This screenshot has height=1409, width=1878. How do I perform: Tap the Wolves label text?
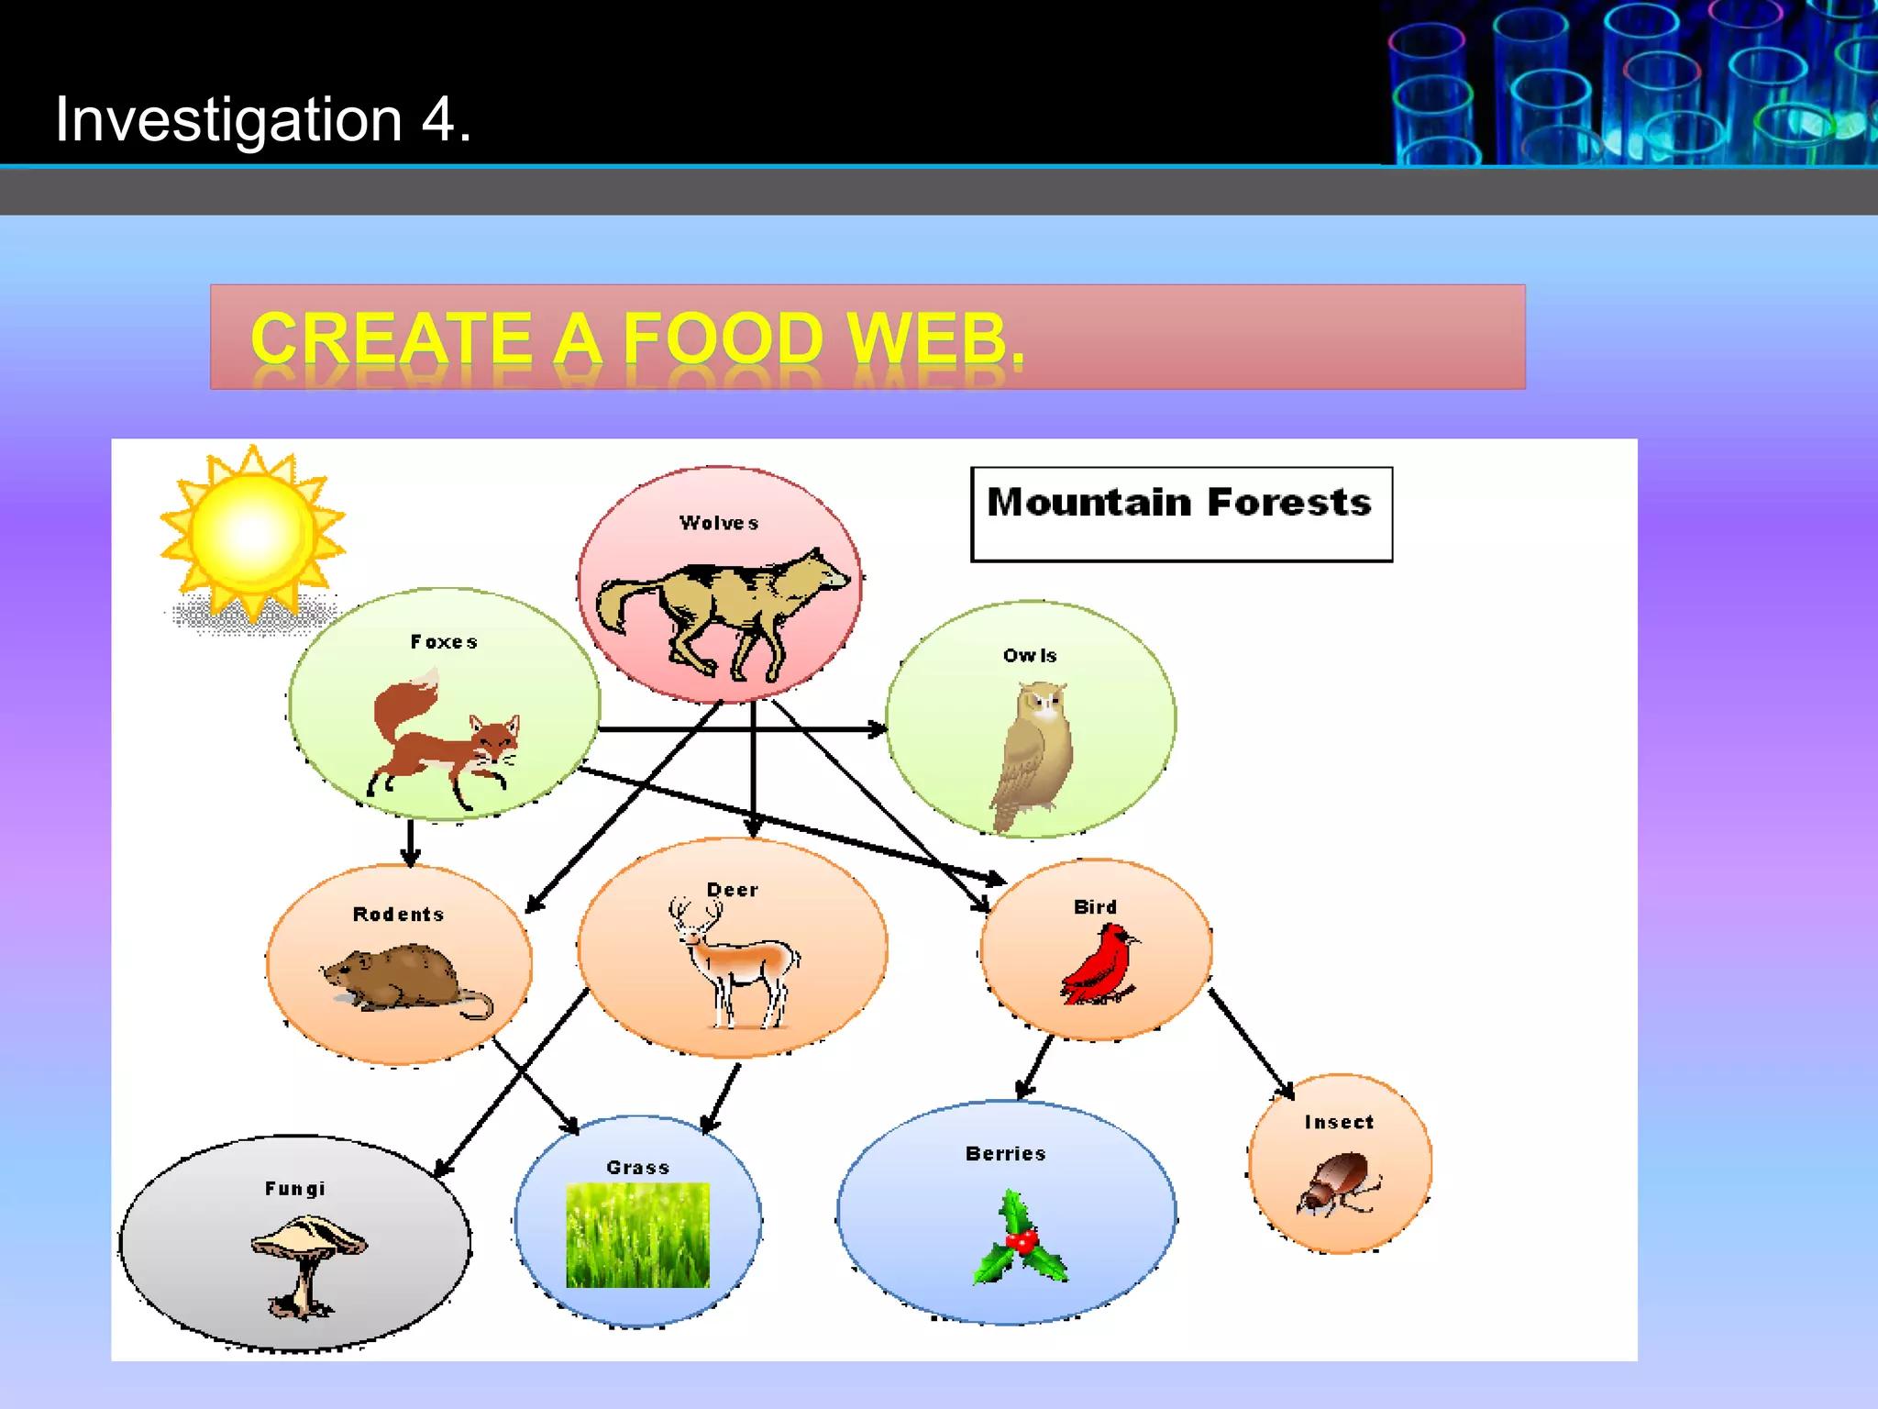point(719,523)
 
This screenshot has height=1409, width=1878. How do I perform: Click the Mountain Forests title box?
point(1181,514)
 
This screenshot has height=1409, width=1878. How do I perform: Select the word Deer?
point(733,890)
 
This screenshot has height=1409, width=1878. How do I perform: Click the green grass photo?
point(637,1235)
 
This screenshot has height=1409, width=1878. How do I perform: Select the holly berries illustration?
point(1020,1238)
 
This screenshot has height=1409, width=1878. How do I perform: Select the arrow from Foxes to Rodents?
point(411,842)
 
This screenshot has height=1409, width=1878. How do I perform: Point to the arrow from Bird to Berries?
point(1037,1066)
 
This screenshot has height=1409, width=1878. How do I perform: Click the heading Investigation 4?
point(263,119)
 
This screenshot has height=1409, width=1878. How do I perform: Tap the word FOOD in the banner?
point(723,338)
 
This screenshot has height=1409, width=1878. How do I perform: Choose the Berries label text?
point(1005,1154)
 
